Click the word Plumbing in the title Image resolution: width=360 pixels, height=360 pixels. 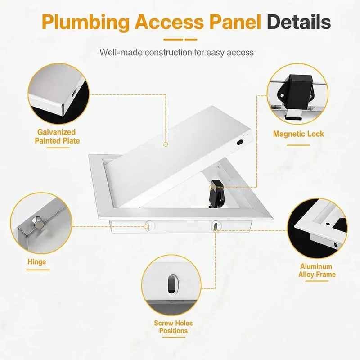[85, 22]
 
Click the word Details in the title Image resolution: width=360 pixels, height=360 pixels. [299, 22]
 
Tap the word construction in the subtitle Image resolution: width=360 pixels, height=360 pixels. [168, 52]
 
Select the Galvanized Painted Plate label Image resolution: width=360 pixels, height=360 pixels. [57, 136]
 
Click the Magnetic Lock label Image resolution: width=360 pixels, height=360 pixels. [298, 134]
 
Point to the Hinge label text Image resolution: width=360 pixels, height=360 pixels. [37, 262]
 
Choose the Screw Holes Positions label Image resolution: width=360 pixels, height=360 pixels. [173, 327]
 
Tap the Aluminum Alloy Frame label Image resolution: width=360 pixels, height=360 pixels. [317, 270]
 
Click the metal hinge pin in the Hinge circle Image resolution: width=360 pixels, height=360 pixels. [38, 222]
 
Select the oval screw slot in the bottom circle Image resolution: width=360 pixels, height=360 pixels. [171, 284]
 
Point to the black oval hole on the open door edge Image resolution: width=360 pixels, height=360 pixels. [240, 142]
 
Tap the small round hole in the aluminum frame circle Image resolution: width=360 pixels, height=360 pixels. [328, 224]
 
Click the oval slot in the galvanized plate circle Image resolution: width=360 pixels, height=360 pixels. [75, 93]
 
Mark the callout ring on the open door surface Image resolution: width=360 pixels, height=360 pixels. [166, 144]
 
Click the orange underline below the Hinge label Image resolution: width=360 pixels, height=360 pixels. [38, 270]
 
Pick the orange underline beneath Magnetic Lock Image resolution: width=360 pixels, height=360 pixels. [298, 145]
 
